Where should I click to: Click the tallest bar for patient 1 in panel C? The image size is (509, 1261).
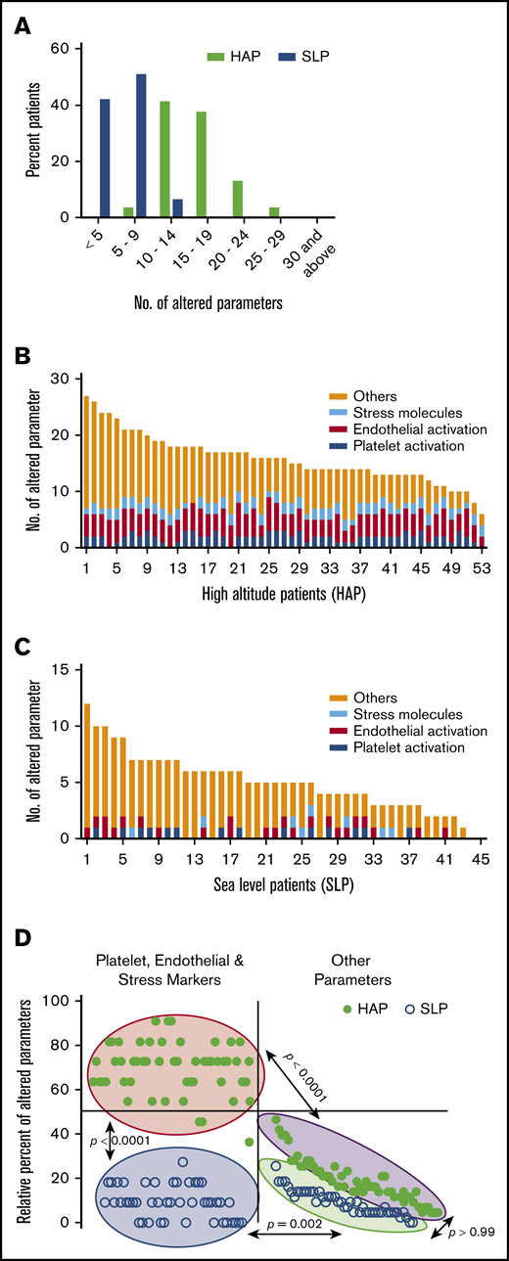point(87,771)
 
